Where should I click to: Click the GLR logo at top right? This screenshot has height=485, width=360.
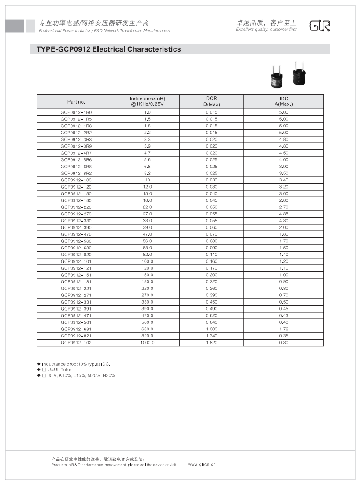point(319,26)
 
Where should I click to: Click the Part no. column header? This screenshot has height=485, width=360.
point(76,102)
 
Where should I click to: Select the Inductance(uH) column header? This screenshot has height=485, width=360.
point(147,101)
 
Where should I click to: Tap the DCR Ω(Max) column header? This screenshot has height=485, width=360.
point(212,101)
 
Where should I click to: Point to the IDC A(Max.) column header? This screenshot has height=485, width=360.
point(283,101)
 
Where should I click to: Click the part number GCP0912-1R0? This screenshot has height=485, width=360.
point(76,112)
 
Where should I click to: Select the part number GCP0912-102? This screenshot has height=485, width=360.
point(76,343)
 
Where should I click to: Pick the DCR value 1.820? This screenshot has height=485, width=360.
point(212,343)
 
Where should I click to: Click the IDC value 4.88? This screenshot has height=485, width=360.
point(283,214)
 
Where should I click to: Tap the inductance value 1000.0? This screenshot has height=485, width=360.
point(147,343)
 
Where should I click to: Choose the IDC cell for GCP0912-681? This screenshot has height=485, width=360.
point(283,329)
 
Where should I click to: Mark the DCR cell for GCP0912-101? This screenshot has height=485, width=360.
point(212,261)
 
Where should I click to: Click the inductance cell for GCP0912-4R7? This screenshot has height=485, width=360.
point(147,153)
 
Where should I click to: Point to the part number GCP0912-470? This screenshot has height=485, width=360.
point(76,234)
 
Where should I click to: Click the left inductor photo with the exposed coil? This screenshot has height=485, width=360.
point(276,78)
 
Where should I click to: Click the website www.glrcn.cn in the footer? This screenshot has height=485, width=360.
point(202,464)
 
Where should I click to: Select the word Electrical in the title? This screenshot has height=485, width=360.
point(108,49)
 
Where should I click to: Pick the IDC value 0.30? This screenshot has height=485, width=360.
point(283,343)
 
